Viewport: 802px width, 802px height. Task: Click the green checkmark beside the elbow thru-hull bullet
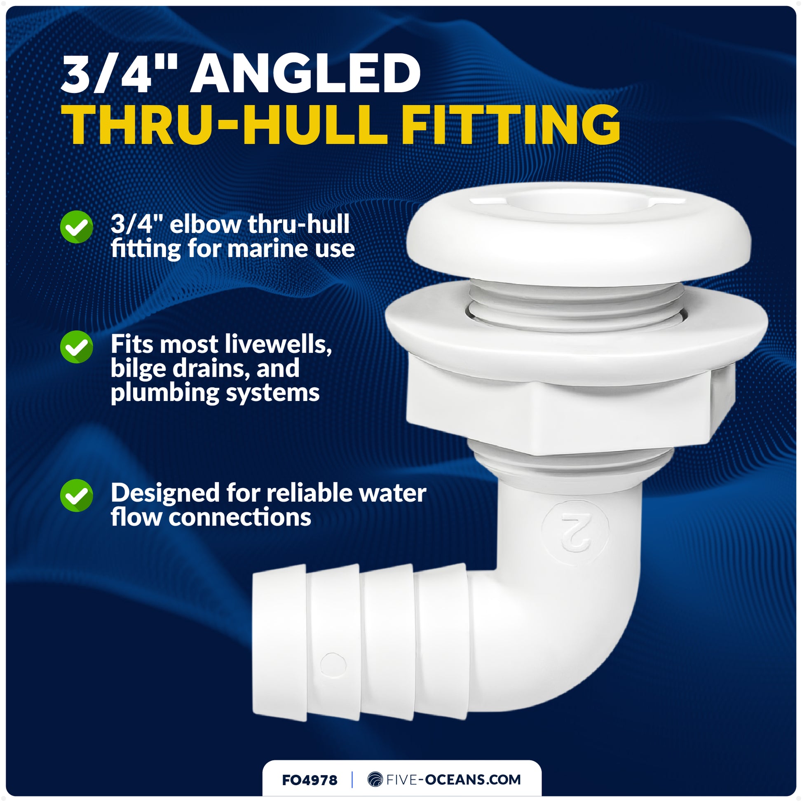pyautogui.click(x=76, y=227)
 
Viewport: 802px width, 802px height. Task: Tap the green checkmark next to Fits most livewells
pyautogui.click(x=76, y=347)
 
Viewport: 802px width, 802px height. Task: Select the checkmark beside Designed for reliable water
pyautogui.click(x=76, y=495)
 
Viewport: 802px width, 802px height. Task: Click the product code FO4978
pyautogui.click(x=309, y=780)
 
